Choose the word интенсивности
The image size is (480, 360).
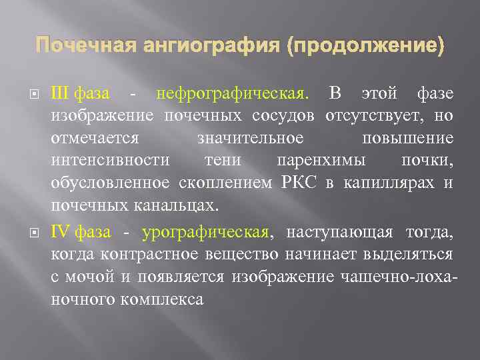(110, 161)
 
